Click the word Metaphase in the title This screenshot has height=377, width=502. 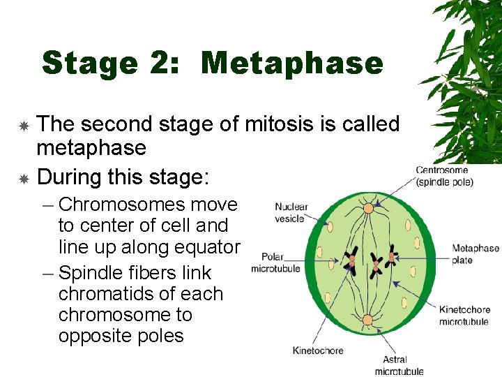pos(292,64)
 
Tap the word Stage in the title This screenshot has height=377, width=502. pos(89,64)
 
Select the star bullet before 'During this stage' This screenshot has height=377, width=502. pos(23,179)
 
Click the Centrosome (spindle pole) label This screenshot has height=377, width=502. pos(444,176)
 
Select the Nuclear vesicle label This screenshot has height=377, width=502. pos(291,212)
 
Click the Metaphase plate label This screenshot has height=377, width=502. pos(476,254)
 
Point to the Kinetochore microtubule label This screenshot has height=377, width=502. pos(464,316)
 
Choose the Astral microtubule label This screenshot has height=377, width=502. pos(400,365)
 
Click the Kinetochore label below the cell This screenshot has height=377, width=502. pos(318,350)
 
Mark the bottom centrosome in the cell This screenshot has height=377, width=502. pos(367,320)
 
